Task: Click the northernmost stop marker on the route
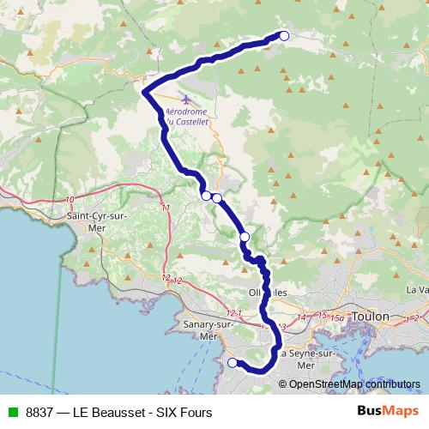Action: point(284,35)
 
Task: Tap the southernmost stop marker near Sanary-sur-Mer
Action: point(232,363)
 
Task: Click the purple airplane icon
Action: point(187,99)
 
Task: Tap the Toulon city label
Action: point(372,317)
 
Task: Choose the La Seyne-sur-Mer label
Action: point(306,359)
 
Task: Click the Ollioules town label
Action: point(266,293)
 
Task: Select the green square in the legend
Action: point(11,412)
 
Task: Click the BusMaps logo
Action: point(388,411)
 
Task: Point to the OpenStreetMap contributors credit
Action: point(353,384)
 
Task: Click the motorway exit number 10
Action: point(69,199)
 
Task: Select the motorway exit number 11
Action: point(166,208)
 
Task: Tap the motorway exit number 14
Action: point(300,317)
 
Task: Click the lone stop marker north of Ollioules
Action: point(245,237)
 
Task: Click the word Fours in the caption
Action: point(196,412)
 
